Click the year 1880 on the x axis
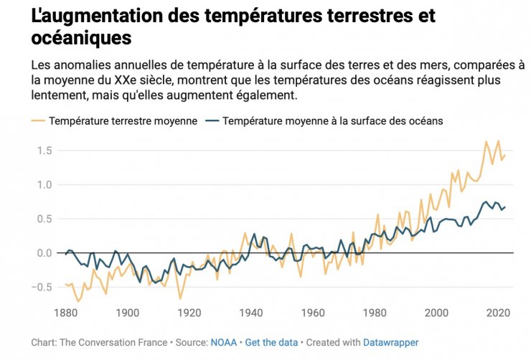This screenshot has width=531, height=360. [65, 313]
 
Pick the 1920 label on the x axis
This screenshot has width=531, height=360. [189, 313]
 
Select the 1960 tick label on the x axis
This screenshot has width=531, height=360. [314, 313]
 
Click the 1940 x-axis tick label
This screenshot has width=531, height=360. [251, 313]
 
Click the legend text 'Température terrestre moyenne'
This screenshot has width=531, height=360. [123, 121]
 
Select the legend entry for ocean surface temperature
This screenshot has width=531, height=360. [333, 121]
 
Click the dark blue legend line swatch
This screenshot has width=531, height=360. [212, 121]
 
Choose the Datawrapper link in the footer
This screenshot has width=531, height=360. [392, 343]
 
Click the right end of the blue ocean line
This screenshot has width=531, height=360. [505, 207]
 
